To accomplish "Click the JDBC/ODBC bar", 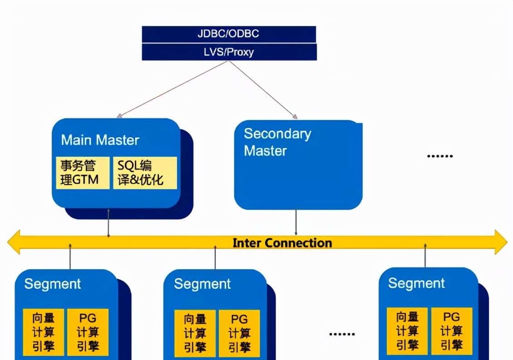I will point(229,34).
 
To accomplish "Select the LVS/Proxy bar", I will point(229,52).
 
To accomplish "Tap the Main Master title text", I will point(100,140).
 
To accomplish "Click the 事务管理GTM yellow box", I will point(83,173).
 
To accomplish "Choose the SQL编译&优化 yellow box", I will point(145,173).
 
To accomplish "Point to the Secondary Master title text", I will point(277,142).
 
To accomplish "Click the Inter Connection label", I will point(282,243).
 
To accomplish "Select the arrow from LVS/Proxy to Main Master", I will point(173,89).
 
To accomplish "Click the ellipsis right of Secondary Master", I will point(439,156).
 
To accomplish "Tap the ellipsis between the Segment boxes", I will point(341,334).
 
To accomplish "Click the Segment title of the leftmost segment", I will point(52,284).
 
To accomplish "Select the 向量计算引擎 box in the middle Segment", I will point(195,333).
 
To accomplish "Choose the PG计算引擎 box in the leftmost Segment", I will point(88,332).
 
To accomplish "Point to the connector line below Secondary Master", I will point(296,222).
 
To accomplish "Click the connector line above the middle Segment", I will point(215,258).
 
